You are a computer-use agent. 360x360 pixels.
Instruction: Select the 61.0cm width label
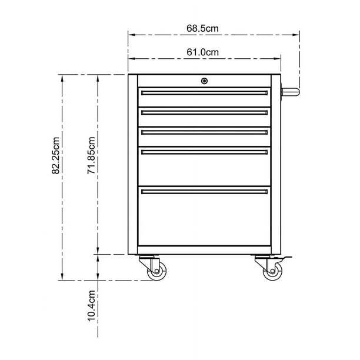coord(203,52)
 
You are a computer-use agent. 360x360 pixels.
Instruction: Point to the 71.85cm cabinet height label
coord(92,155)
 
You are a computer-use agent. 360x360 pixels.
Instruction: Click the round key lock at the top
coord(204,81)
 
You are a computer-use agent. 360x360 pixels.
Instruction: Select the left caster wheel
coord(157,270)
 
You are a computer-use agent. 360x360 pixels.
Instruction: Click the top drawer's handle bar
coord(204,92)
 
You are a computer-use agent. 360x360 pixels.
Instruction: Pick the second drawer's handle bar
coord(204,112)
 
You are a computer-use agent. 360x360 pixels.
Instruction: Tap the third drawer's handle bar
coord(204,132)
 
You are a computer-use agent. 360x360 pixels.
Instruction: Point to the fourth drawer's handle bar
coord(204,152)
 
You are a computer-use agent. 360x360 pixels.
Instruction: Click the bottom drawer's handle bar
coord(204,191)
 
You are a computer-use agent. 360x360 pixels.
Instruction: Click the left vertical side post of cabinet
coord(133,165)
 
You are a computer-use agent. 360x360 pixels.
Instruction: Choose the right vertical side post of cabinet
coord(275,165)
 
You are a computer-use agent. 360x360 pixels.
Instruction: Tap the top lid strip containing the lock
coord(176,81)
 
